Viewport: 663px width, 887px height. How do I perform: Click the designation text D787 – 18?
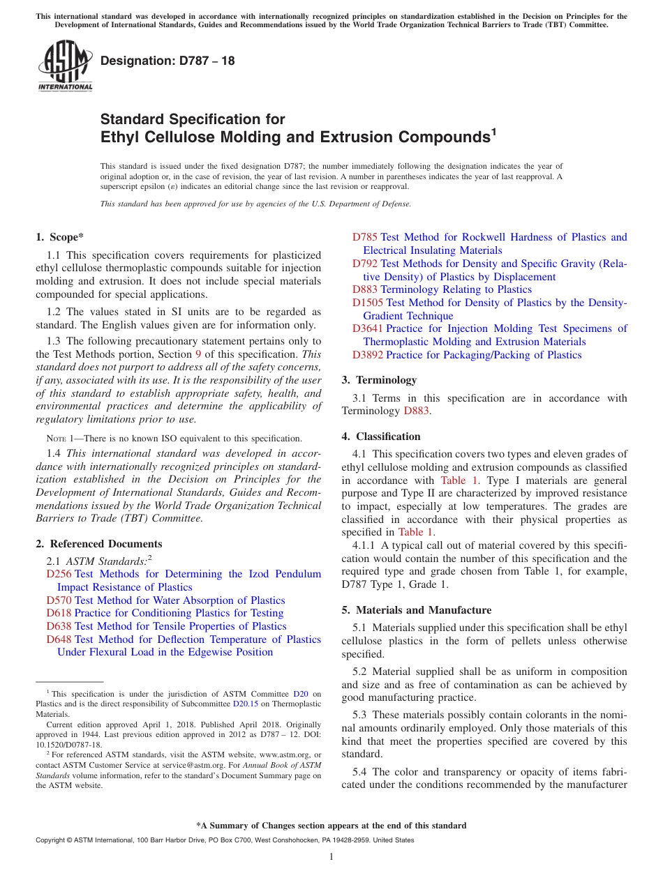pyautogui.click(x=167, y=61)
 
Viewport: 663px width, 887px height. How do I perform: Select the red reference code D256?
pyautogui.click(x=59, y=574)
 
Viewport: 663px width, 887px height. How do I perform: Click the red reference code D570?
pyautogui.click(x=59, y=600)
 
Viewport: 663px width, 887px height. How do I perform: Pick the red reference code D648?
pyautogui.click(x=59, y=639)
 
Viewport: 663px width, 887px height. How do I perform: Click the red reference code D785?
pyautogui.click(x=364, y=237)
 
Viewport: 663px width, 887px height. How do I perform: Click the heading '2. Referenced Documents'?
pyautogui.click(x=99, y=544)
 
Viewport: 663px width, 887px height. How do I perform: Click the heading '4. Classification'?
pyautogui.click(x=381, y=437)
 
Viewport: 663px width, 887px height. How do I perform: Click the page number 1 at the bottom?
pyautogui.click(x=331, y=856)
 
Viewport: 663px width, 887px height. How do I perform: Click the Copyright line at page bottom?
pyautogui.click(x=224, y=840)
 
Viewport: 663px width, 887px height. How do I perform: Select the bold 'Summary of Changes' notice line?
pyautogui.click(x=331, y=826)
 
